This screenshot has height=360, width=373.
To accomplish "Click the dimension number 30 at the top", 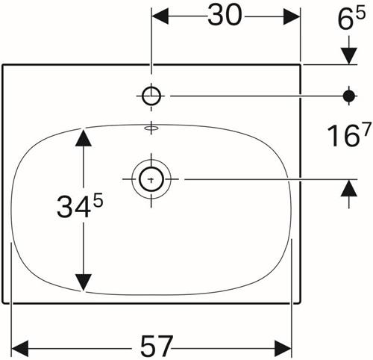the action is pyautogui.click(x=225, y=16).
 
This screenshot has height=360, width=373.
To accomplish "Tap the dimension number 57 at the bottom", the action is pyautogui.click(x=157, y=347).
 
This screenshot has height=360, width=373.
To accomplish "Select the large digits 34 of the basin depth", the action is pyautogui.click(x=73, y=207).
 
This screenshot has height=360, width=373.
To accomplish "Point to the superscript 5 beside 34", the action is pyautogui.click(x=98, y=201).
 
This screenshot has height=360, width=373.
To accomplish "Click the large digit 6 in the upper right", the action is pyautogui.click(x=345, y=20).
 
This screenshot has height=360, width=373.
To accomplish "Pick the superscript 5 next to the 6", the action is pyautogui.click(x=360, y=13).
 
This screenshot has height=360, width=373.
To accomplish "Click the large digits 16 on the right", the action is pyautogui.click(x=342, y=136).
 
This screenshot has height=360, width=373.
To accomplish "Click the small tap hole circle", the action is pyautogui.click(x=151, y=96).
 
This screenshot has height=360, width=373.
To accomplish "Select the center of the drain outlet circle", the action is pyautogui.click(x=151, y=179).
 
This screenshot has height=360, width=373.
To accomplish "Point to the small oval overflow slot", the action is pyautogui.click(x=151, y=128).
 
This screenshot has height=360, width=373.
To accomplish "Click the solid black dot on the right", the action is pyautogui.click(x=348, y=96).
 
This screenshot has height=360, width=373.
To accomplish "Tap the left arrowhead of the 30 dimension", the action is pyautogui.click(x=160, y=16).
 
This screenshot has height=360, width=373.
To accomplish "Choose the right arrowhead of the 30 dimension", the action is pyautogui.click(x=292, y=16).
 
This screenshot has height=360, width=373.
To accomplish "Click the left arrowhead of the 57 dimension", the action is pyautogui.click(x=20, y=348).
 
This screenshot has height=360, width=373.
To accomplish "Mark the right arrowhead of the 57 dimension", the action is pyautogui.click(x=283, y=348).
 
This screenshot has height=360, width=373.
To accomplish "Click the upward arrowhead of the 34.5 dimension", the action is pyautogui.click(x=84, y=137).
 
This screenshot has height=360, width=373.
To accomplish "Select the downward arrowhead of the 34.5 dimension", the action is pyautogui.click(x=84, y=282).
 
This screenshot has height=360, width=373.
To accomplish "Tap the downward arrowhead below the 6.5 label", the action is pyautogui.click(x=349, y=56).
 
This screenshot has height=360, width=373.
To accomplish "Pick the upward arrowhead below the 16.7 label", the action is pyautogui.click(x=349, y=188).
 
